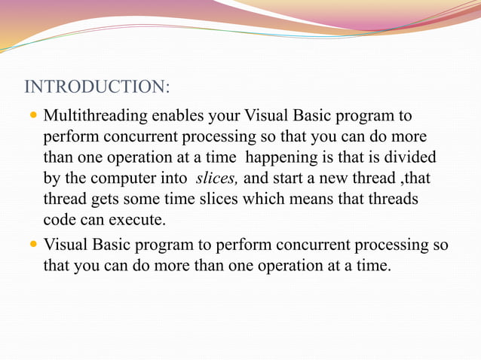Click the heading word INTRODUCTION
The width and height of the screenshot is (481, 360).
[96, 87]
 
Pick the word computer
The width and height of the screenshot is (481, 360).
[131, 178]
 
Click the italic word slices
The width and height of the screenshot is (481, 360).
[216, 178]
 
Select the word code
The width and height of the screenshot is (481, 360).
[60, 219]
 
